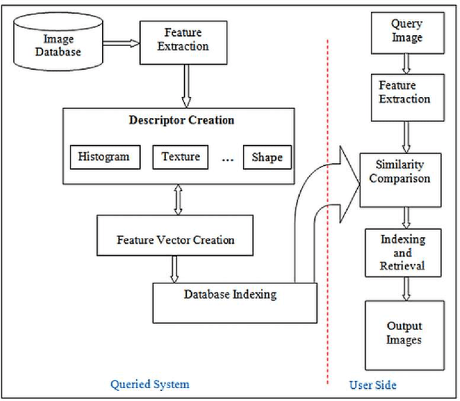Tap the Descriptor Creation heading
coord(181,120)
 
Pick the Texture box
coord(180,157)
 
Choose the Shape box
coord(267,157)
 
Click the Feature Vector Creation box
coord(175,239)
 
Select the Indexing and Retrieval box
coord(402,252)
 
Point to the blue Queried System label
coord(149,384)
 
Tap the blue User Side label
coord(372,385)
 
